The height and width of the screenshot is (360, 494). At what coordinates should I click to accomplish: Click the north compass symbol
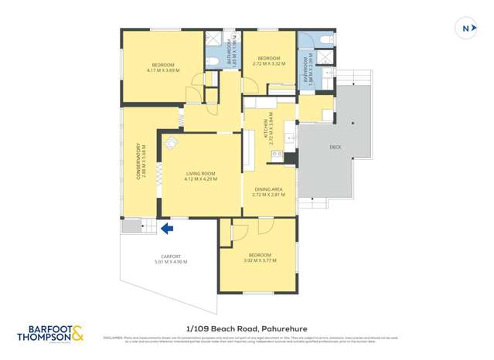coord(465,29)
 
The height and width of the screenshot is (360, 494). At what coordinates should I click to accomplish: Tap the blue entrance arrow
coord(165,227)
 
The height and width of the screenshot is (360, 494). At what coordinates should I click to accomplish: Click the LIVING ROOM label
coord(200,174)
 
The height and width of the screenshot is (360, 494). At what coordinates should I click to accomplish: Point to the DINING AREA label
coord(268,189)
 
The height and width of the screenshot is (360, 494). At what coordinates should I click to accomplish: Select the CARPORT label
coord(171,256)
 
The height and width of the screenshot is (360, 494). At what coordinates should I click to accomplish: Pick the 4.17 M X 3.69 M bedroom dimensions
coord(162,70)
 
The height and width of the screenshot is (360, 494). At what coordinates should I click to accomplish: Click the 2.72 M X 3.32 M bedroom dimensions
coord(268,64)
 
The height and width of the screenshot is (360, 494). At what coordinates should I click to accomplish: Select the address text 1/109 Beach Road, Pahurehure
coord(247,328)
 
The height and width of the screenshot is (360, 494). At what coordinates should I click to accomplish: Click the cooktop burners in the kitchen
coord(274,155)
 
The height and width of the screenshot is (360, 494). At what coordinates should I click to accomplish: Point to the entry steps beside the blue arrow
coord(132,226)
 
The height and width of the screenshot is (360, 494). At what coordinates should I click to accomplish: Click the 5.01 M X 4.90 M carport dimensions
coord(171,262)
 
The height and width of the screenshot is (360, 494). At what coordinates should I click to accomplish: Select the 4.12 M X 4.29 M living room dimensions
coord(200,179)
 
